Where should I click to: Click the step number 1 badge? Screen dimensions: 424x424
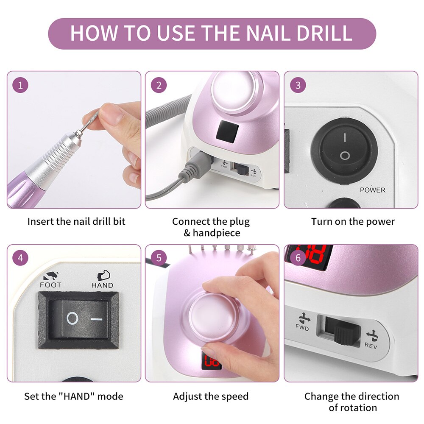[20, 85]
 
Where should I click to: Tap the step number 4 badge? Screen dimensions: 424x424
[20, 258]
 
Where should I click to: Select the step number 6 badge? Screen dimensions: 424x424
[298, 258]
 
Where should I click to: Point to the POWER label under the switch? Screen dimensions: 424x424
[372, 190]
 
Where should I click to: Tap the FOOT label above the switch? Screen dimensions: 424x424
[50, 285]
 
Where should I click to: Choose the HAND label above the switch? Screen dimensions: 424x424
[102, 285]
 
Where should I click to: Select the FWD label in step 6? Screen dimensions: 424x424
[302, 328]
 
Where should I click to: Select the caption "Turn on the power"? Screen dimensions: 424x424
[353, 222]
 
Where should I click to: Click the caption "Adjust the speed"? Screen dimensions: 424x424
[211, 396]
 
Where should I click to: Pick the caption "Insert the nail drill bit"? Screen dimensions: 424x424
[76, 222]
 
